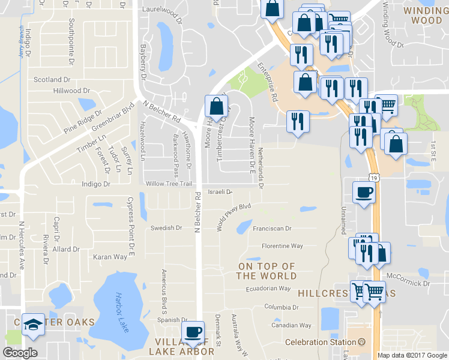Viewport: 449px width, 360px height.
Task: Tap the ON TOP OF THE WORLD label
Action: coord(267,271)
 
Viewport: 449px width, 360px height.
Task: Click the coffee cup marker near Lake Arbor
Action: coord(193,332)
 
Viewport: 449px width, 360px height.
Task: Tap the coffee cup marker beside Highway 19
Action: coord(364,193)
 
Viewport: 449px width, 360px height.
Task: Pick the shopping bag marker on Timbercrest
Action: coord(216,107)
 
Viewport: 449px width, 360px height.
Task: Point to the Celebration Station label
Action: coord(321,342)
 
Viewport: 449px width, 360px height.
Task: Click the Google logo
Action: coord(20,353)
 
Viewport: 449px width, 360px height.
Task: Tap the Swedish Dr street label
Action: coord(166,228)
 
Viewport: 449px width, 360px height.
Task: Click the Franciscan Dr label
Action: coord(272,229)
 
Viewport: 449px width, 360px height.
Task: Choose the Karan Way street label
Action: coord(110,257)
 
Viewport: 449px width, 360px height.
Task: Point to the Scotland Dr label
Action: coord(52,79)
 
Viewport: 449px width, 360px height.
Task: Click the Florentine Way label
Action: coord(282,246)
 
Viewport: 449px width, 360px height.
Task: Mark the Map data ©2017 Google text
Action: coord(412,355)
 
